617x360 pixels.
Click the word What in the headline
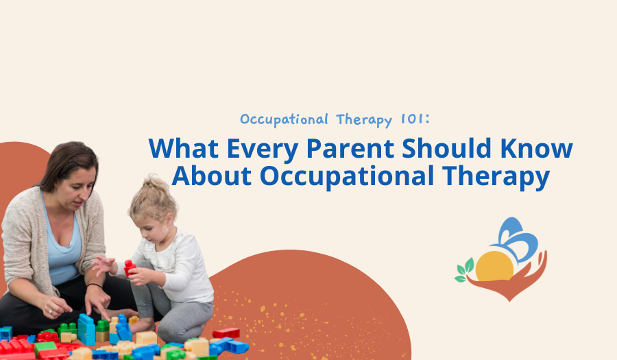[179, 149]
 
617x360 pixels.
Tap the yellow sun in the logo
[495, 267]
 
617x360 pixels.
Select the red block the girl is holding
[129, 268]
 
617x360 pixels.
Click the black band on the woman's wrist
[94, 286]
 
